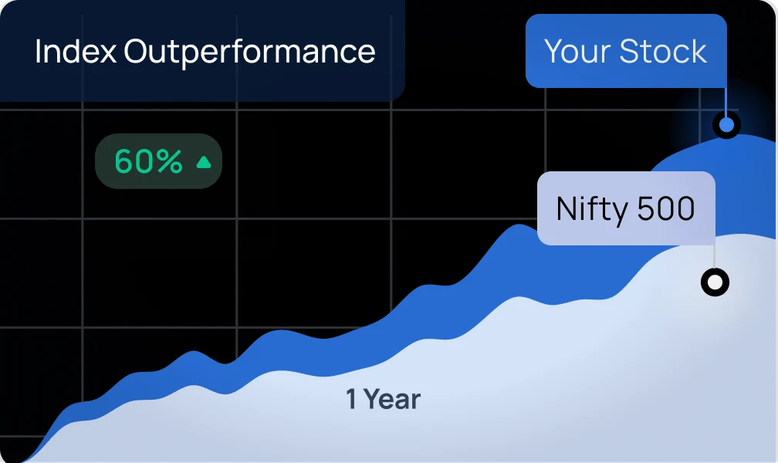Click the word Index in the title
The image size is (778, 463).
pos(76,51)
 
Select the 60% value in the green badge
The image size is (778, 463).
pos(149,161)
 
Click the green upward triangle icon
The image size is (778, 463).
pos(204,162)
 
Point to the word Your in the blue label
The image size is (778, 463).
pos(577,51)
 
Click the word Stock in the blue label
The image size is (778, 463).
pos(664,51)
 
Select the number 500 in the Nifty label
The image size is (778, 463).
pos(666,208)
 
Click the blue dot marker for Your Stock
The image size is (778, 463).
pos(726,124)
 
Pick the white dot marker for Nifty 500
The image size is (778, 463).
pos(715,282)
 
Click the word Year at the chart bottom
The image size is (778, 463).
pos(392,400)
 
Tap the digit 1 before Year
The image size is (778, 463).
pos(351,399)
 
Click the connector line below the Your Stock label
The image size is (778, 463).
pos(726,101)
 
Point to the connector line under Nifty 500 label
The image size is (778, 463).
pos(715,257)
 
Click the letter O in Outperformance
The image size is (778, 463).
pos(136,51)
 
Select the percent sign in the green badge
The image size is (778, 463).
pos(169,161)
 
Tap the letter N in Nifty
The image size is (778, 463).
pos(567,208)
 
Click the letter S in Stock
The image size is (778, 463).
pos(628,51)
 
